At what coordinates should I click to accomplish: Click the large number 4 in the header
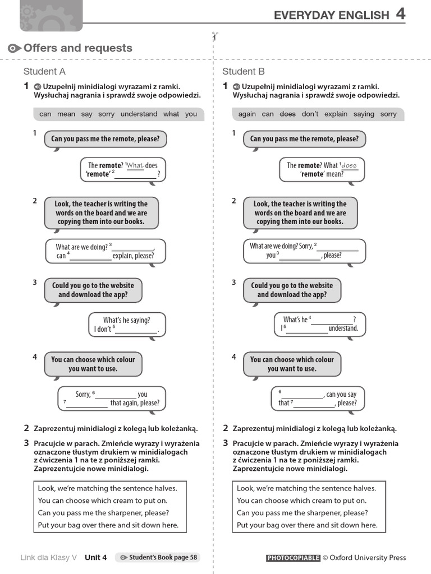pos(400,14)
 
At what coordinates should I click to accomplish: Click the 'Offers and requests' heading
pos(78,48)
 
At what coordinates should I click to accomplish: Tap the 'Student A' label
pos(44,71)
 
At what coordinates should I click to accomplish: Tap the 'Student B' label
pos(244,71)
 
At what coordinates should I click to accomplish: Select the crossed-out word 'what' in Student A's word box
pos(171,114)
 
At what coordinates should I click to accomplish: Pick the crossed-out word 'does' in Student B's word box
pos(287,114)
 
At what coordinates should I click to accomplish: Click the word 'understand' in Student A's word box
pos(139,114)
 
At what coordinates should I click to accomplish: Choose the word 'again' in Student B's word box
pos(247,114)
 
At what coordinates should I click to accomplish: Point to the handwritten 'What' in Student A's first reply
pos(135,165)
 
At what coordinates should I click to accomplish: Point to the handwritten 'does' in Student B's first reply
pos(349,165)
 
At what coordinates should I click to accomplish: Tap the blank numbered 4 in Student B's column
pos(332,321)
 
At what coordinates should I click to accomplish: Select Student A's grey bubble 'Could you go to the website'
pos(93,290)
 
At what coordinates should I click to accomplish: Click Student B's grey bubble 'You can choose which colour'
pos(292,364)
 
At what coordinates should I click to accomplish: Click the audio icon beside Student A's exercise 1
pos(37,87)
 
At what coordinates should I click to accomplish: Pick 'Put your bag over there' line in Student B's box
pos(307,525)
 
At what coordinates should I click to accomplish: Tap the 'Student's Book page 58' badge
pos(158,557)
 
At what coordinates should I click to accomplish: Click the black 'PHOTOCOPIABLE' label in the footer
pos(293,558)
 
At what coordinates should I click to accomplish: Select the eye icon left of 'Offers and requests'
pos(15,49)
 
